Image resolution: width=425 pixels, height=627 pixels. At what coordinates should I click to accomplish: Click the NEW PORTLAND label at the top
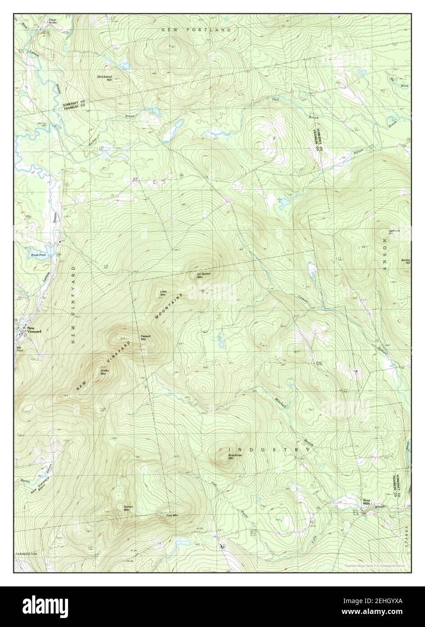(x=196, y=30)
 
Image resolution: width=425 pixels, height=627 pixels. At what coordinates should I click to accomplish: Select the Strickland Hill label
(x=104, y=78)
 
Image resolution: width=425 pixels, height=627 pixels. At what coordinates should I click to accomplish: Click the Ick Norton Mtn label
(x=201, y=276)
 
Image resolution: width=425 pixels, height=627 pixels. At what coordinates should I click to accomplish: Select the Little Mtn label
(x=164, y=293)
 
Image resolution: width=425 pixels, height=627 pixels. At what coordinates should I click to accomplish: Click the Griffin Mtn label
(x=103, y=372)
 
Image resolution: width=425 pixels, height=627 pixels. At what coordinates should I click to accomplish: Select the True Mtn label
(x=172, y=515)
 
